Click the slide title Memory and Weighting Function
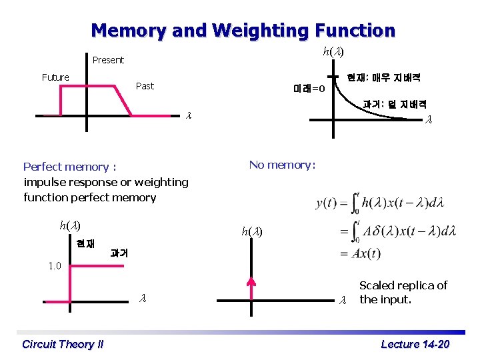(243, 31)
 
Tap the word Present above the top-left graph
(108, 60)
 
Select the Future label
(55, 77)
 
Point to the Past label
(145, 86)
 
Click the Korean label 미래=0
(309, 89)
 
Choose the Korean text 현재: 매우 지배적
(383, 77)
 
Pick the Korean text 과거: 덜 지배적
(395, 104)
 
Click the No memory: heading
(282, 165)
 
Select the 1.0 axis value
(55, 266)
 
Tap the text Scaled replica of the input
(403, 292)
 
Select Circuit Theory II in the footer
(63, 344)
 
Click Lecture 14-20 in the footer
(415, 344)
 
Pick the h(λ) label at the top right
(333, 51)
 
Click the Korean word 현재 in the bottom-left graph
(85, 243)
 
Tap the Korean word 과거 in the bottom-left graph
(119, 253)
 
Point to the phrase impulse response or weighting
(106, 182)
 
